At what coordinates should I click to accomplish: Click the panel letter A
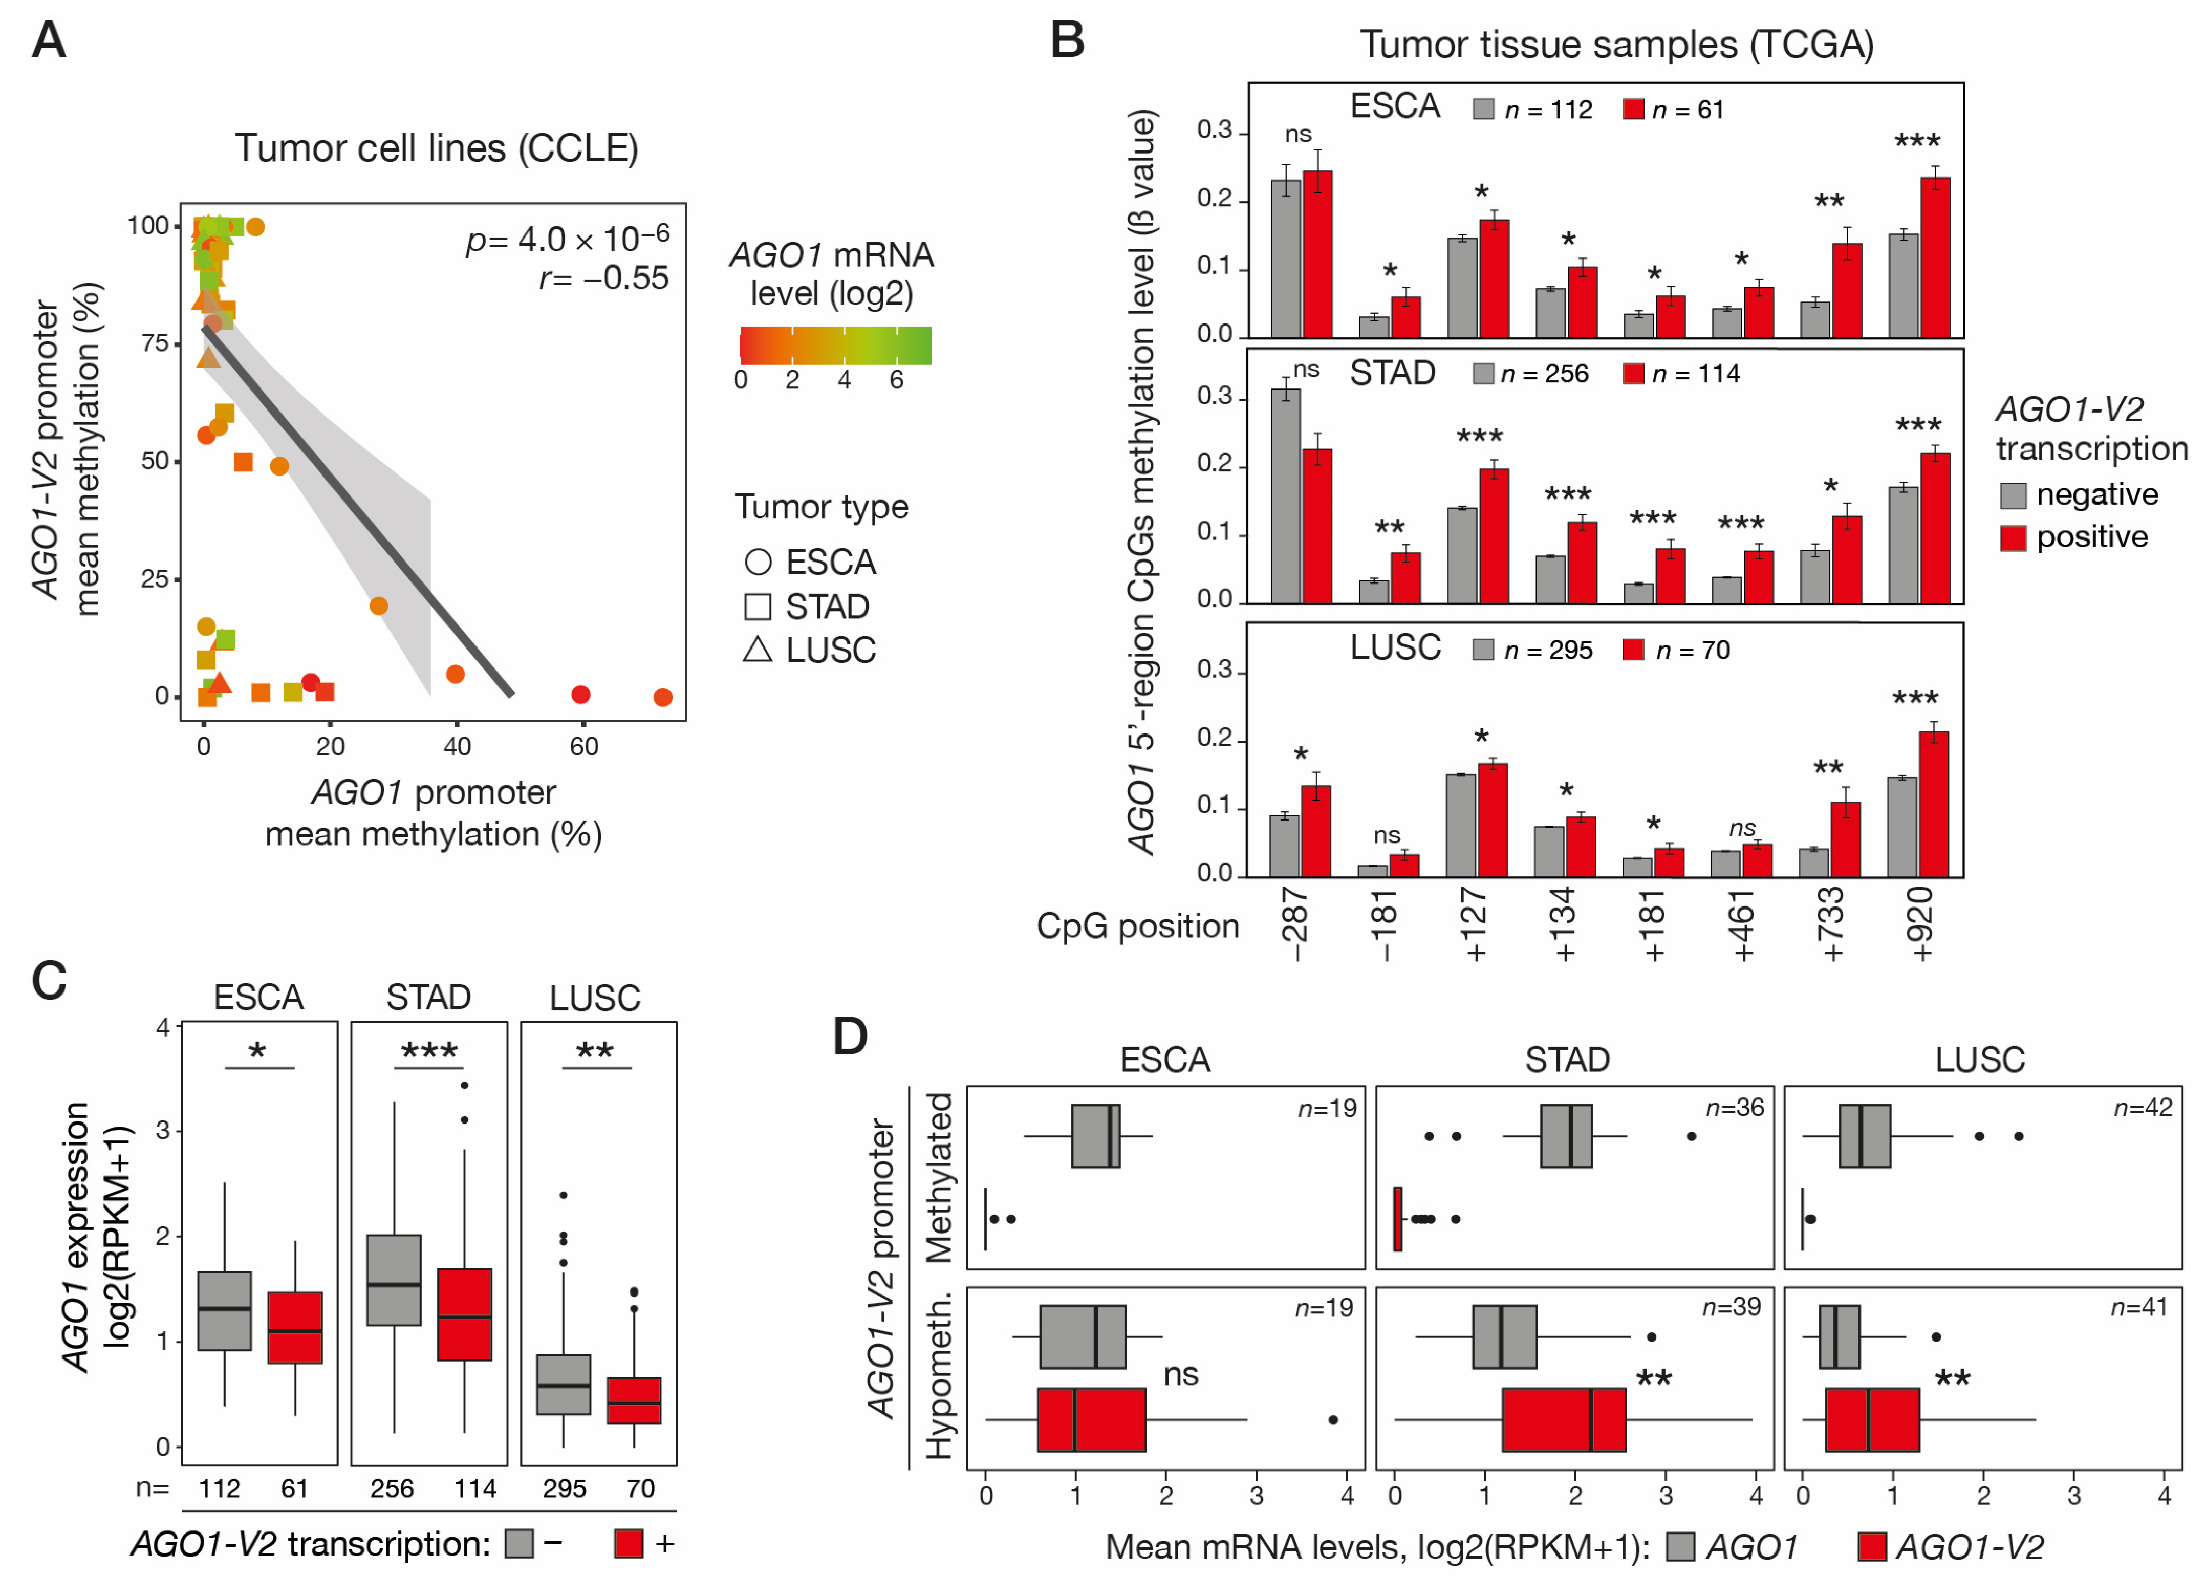point(49,41)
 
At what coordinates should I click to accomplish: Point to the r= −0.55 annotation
point(603,278)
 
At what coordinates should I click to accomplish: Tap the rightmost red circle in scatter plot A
point(663,697)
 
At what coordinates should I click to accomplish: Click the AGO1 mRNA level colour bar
point(835,346)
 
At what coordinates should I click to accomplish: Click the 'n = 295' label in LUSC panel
point(1548,650)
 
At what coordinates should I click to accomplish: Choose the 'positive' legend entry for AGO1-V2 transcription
point(2091,536)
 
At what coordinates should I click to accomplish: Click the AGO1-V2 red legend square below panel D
point(1872,1546)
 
